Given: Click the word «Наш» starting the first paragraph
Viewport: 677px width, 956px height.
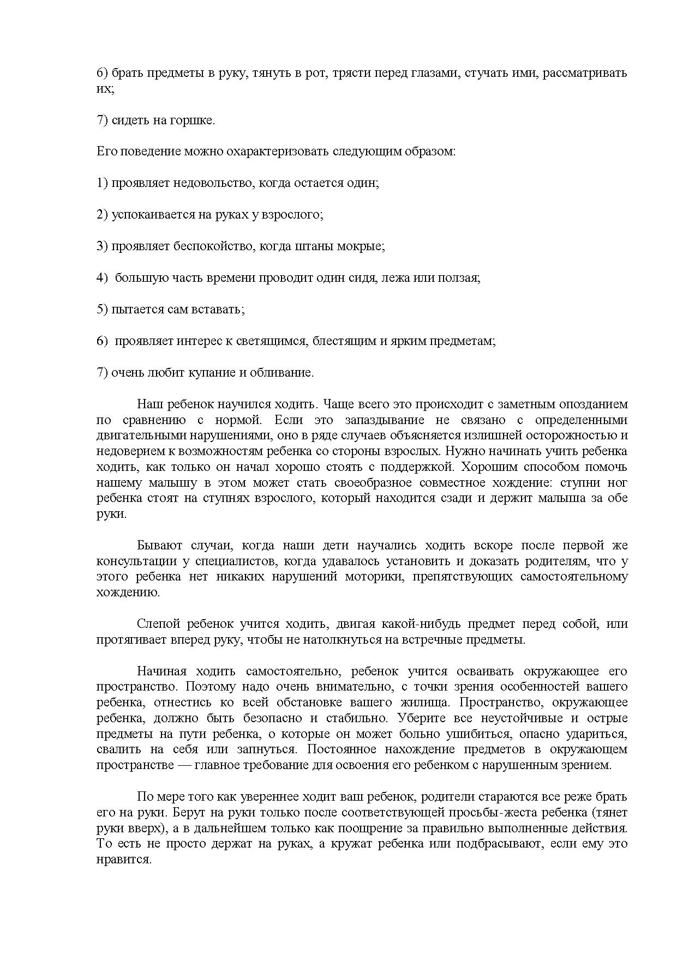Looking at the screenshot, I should [147, 404].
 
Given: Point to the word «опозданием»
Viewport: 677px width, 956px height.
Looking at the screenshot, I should [594, 404].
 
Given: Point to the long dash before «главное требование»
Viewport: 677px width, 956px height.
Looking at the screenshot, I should [184, 765].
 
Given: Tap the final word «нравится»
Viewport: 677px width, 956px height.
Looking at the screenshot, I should [123, 860].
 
